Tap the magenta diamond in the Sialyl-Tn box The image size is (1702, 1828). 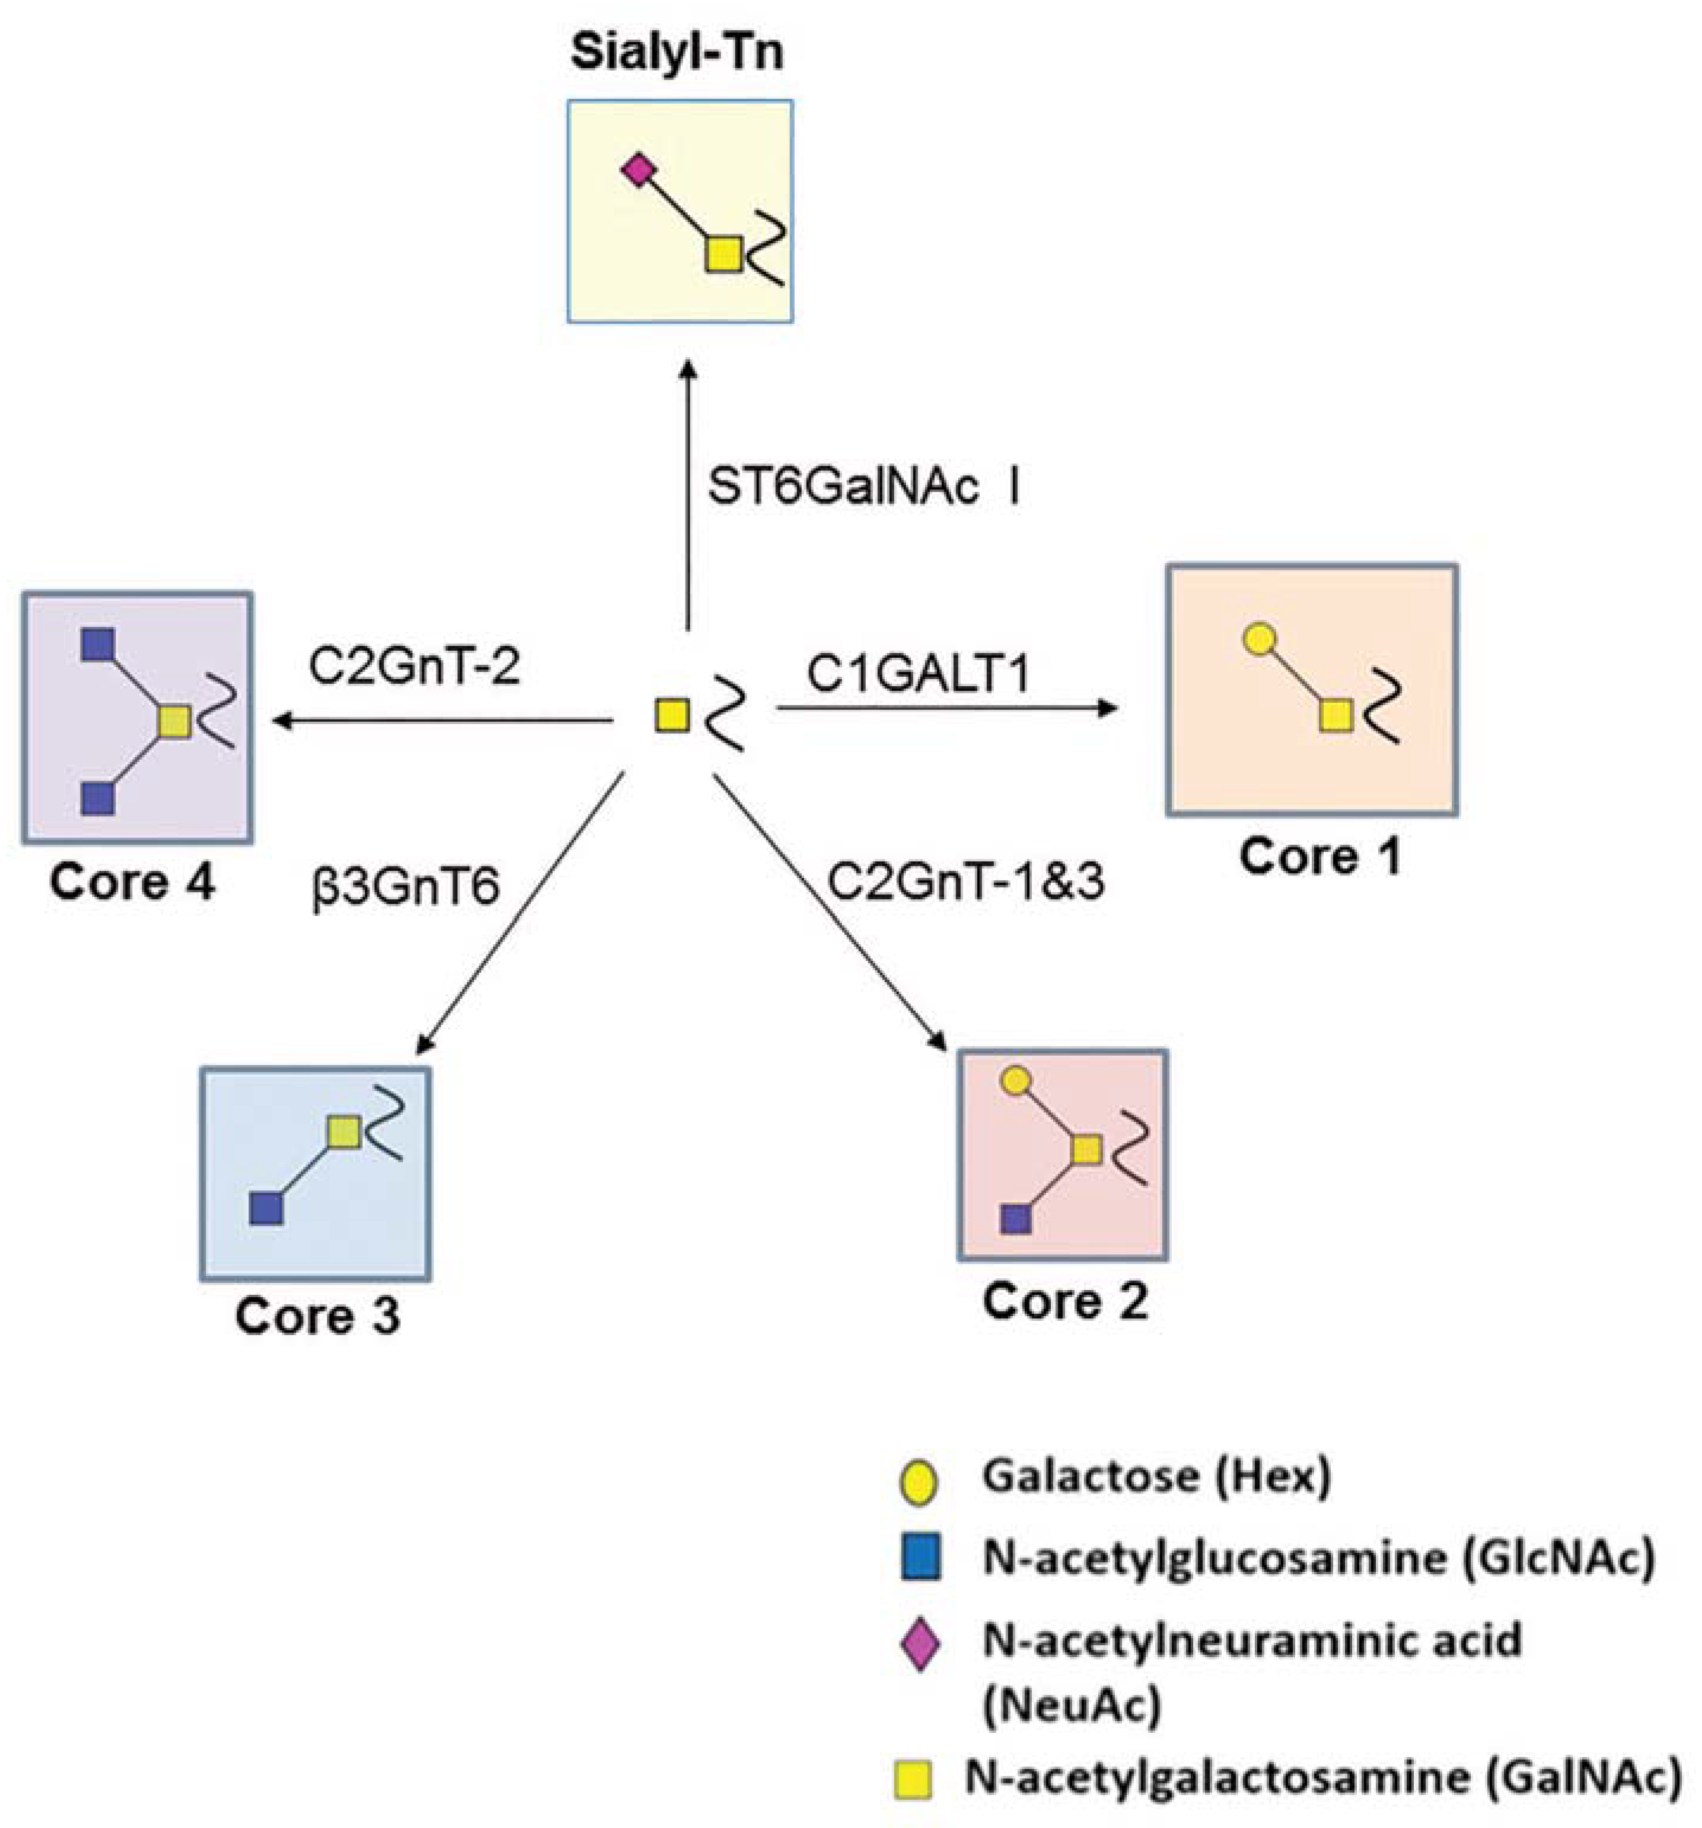(x=636, y=170)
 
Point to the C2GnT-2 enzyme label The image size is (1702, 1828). (x=415, y=665)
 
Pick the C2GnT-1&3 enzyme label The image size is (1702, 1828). (x=965, y=881)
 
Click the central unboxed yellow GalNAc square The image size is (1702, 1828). (x=671, y=715)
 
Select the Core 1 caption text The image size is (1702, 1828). (x=1319, y=857)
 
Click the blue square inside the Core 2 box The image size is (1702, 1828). (x=1015, y=1219)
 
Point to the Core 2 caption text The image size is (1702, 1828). (x=1064, y=1301)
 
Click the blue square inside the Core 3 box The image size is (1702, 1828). (x=266, y=1208)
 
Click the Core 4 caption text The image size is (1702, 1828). (x=132, y=882)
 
